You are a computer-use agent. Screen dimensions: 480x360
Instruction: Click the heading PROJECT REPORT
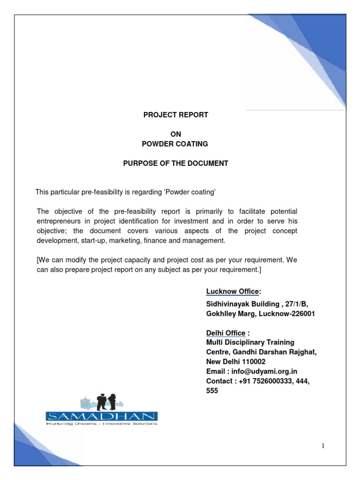coord(176,115)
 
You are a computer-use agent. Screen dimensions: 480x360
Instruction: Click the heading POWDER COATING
coord(176,143)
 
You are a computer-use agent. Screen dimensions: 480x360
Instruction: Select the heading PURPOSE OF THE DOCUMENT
coord(176,163)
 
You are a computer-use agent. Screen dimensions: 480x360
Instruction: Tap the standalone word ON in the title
coord(176,134)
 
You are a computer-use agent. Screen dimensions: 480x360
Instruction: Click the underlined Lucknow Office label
coord(232,292)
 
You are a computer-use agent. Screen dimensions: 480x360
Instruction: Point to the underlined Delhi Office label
coord(226,333)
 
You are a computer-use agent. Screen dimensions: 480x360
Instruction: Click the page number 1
coord(323,446)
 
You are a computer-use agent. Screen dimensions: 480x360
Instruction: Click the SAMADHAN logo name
coord(102,416)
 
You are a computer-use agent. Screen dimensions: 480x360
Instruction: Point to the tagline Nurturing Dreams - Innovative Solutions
coord(102,424)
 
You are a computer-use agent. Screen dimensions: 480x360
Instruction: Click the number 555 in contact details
coord(212,390)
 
